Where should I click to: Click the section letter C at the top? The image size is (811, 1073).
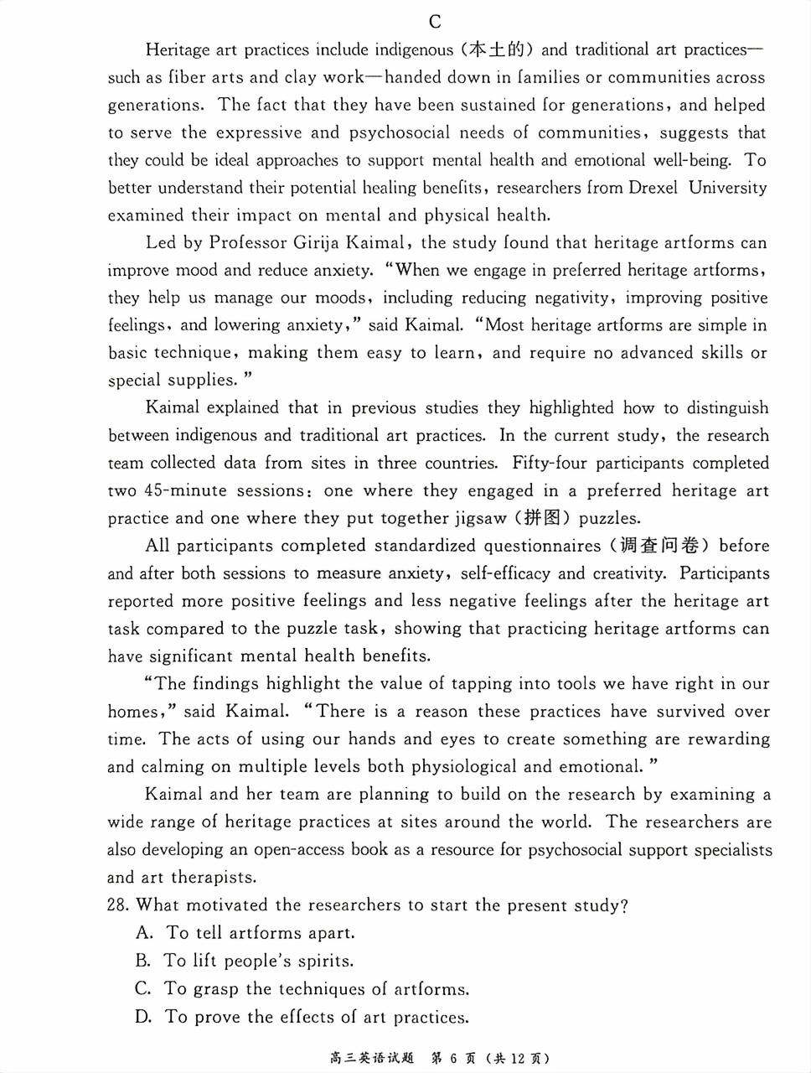(x=434, y=22)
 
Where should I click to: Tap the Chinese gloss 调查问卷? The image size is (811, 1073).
(x=658, y=546)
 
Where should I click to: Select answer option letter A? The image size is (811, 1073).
(x=143, y=933)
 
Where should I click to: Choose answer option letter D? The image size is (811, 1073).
(x=143, y=1017)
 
